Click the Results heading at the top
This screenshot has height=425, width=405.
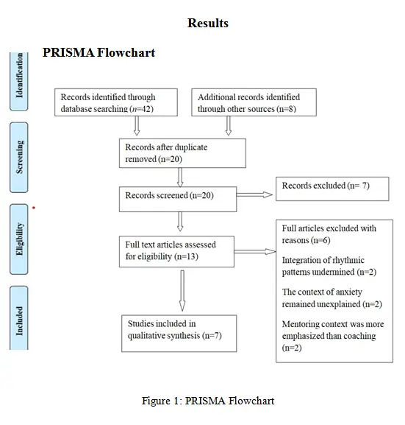pyautogui.click(x=208, y=24)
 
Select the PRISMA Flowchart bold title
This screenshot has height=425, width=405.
pyautogui.click(x=98, y=53)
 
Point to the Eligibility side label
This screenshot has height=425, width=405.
pyautogui.click(x=20, y=237)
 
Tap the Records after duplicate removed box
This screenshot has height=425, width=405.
pyautogui.click(x=182, y=152)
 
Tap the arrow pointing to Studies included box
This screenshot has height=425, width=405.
pyautogui.click(x=182, y=294)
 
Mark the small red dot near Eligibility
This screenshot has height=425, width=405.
pyautogui.click(x=34, y=208)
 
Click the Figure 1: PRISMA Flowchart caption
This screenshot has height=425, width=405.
pyautogui.click(x=208, y=401)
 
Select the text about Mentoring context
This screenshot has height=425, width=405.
pyautogui.click(x=332, y=336)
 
